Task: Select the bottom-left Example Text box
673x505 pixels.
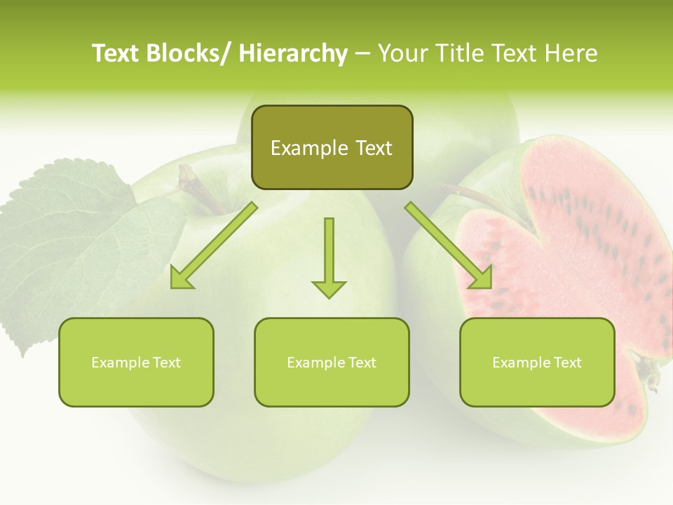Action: tap(136, 362)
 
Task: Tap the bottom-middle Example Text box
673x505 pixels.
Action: tap(332, 362)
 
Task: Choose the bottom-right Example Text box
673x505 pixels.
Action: tap(537, 362)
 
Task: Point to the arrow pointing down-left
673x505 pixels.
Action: tap(213, 246)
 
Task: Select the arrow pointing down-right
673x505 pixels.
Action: tap(449, 246)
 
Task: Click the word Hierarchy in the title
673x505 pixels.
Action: tap(293, 53)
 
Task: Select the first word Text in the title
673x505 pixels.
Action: tap(116, 53)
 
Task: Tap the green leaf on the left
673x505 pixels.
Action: tap(63, 238)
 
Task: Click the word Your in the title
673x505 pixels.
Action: tap(402, 53)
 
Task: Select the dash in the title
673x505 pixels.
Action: tap(362, 53)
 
